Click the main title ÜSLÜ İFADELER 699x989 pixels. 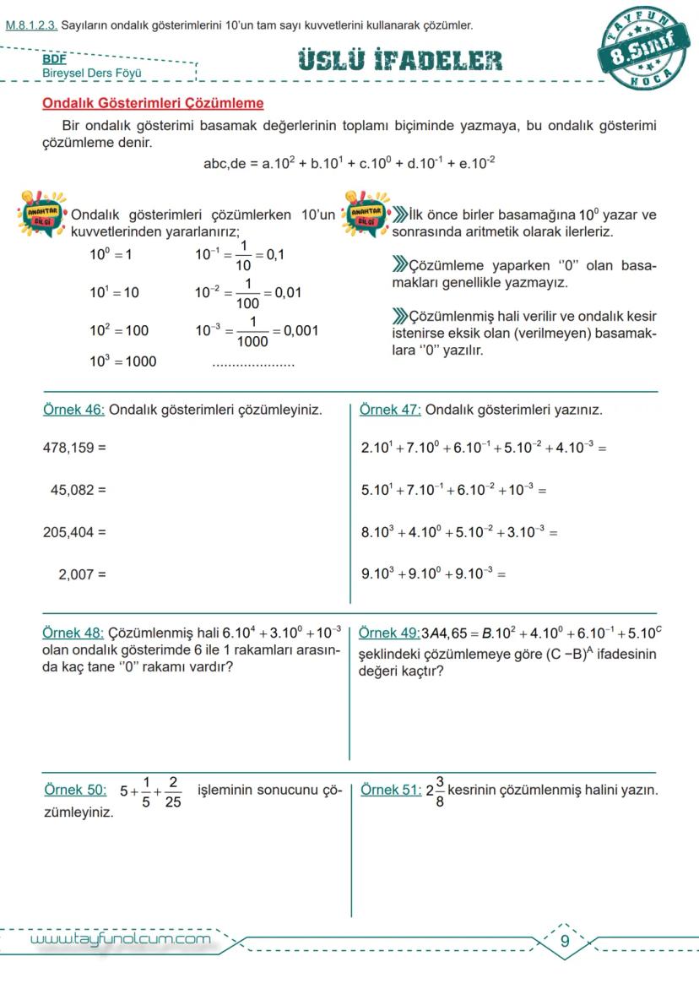[x=400, y=61]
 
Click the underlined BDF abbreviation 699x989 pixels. [x=54, y=60]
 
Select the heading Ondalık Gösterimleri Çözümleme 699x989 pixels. [x=153, y=104]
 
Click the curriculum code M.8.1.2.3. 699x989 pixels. [x=31, y=25]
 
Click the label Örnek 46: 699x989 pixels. [x=73, y=410]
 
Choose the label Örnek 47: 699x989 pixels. [x=390, y=410]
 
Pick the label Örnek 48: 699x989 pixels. [x=73, y=633]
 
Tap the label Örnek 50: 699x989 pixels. [x=75, y=791]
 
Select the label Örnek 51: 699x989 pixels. [x=391, y=791]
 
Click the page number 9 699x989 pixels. [x=565, y=942]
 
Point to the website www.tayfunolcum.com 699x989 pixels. [x=120, y=939]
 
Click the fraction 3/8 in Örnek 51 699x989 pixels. [x=440, y=792]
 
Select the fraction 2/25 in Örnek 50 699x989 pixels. [x=172, y=792]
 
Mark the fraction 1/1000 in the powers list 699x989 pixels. [x=252, y=332]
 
